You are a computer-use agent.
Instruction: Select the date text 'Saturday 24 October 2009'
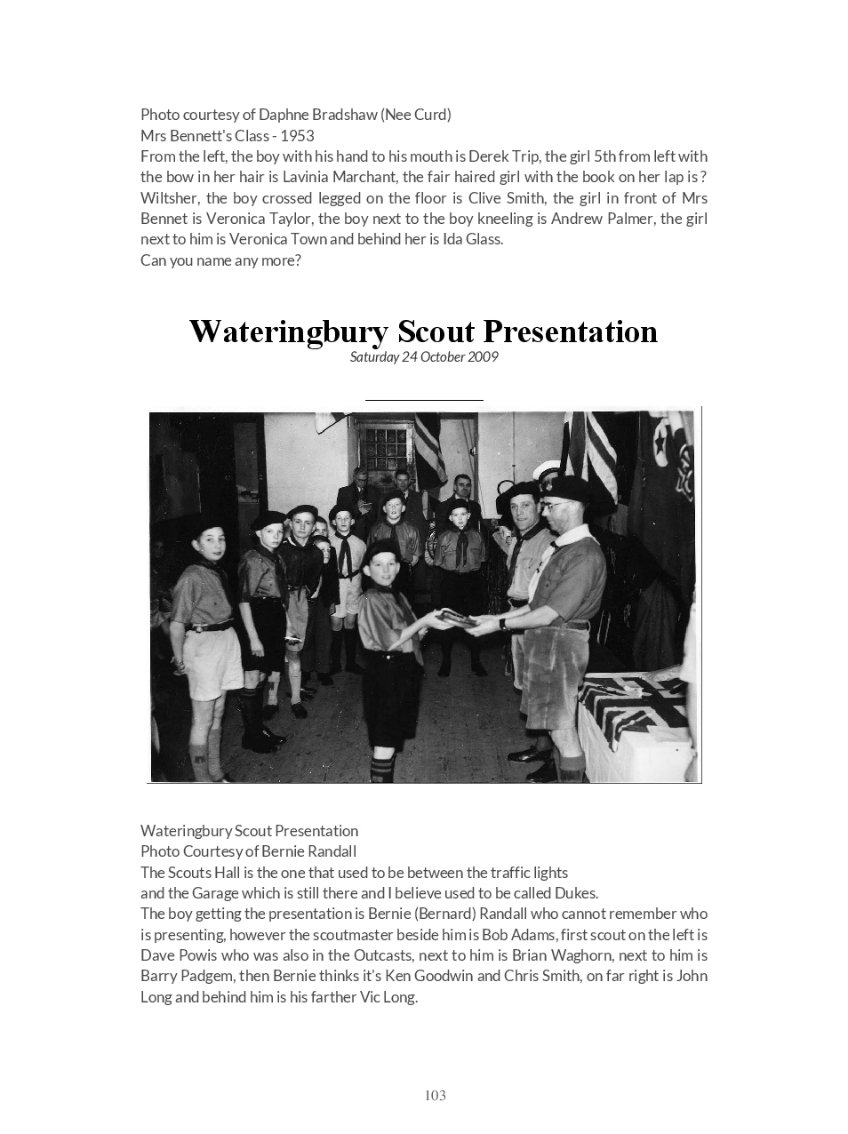point(424,357)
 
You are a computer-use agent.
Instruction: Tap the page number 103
point(435,1096)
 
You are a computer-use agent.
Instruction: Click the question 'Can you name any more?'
point(220,260)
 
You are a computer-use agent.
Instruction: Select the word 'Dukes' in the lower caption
point(574,893)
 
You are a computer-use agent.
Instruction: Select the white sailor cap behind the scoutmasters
point(546,469)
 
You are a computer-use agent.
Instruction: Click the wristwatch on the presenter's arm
point(503,623)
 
